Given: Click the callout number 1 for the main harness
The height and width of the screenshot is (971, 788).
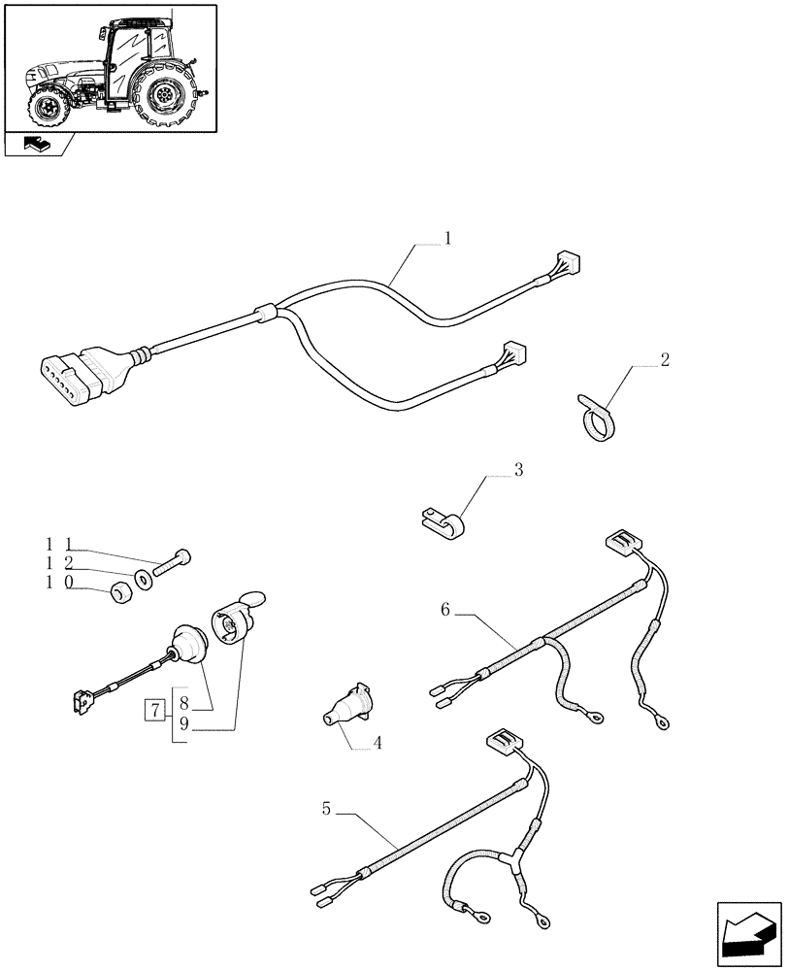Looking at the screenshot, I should pyautogui.click(x=447, y=238).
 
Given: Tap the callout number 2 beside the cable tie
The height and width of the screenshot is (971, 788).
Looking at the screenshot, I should pyautogui.click(x=664, y=360).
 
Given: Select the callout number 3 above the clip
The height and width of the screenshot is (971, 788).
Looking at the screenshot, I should pyautogui.click(x=518, y=470).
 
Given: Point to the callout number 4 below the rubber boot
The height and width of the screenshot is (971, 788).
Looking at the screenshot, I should pyautogui.click(x=378, y=745).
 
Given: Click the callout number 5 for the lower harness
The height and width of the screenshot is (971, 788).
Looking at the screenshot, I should pyautogui.click(x=327, y=807).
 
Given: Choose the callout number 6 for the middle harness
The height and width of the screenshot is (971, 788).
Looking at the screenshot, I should pyautogui.click(x=445, y=610).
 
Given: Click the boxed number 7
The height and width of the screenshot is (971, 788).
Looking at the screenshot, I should pyautogui.click(x=154, y=709).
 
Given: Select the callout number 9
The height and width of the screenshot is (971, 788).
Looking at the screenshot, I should pyautogui.click(x=182, y=723).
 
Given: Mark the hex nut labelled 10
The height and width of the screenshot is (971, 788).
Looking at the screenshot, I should pyautogui.click(x=120, y=590).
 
